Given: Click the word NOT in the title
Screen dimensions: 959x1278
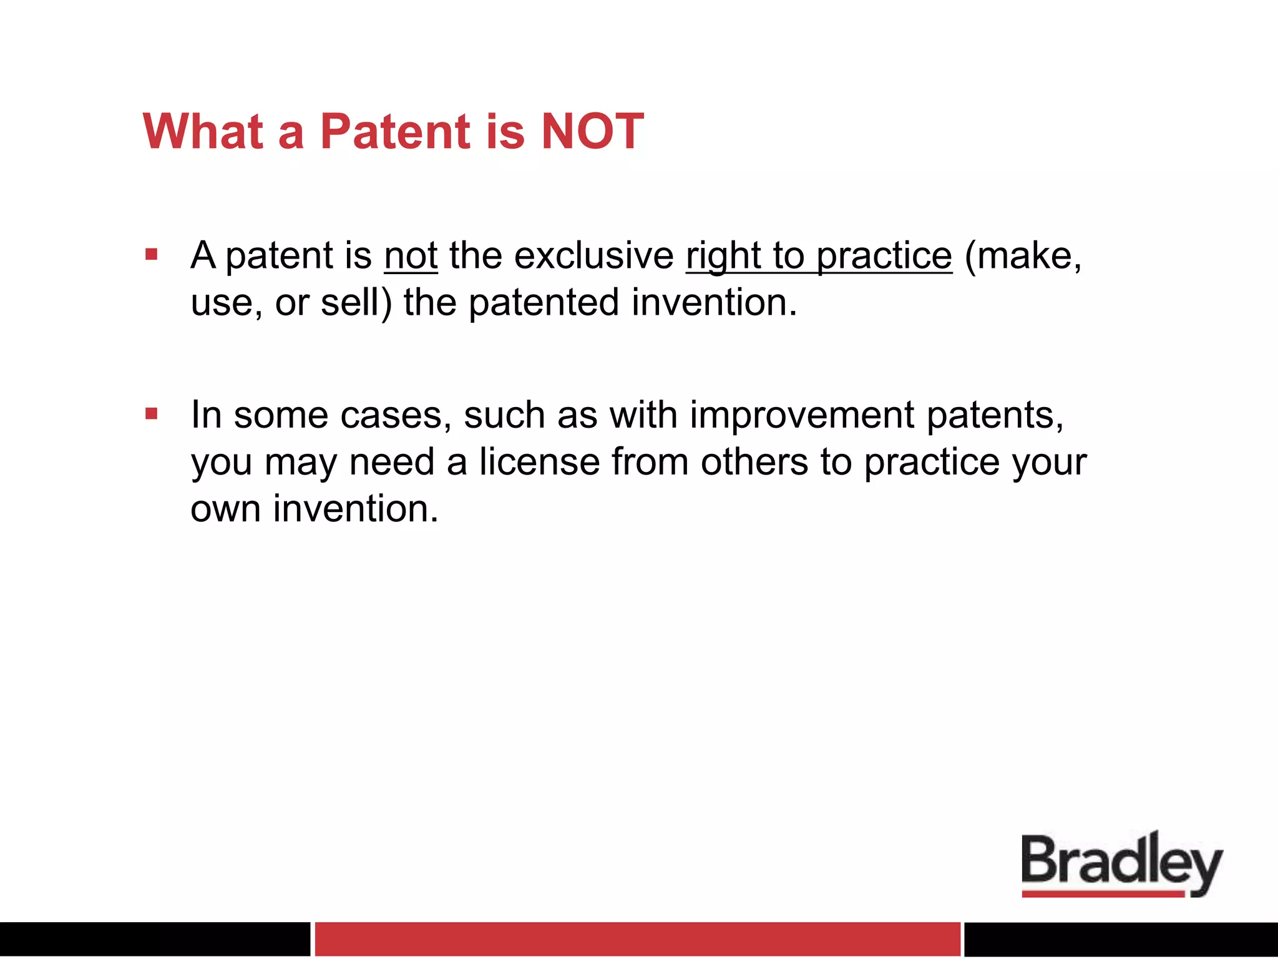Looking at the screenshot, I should (x=592, y=132).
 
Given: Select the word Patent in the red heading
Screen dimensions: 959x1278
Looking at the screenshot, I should (x=395, y=132).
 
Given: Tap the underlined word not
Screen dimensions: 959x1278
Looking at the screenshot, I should (x=411, y=256).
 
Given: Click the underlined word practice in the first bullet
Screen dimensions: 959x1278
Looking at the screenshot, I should (x=884, y=256).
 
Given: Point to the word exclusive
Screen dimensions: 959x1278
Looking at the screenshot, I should (x=593, y=256).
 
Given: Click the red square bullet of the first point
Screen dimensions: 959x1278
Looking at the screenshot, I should (x=151, y=255).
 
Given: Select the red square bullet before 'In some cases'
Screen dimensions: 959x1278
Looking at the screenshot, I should (x=151, y=414).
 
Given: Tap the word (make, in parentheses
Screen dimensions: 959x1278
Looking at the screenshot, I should (x=1022, y=256).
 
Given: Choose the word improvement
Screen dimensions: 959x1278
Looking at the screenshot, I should (x=801, y=415).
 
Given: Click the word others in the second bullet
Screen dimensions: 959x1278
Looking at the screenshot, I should (x=754, y=463).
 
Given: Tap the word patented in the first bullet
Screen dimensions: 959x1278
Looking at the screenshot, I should (x=544, y=303).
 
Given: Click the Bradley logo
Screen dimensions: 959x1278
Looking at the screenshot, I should (x=1121, y=862).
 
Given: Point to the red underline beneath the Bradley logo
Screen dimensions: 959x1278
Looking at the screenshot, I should (x=1102, y=894).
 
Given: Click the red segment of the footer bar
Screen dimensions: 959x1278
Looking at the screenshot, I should (x=637, y=938).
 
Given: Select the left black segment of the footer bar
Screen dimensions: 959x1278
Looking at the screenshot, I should (x=154, y=938).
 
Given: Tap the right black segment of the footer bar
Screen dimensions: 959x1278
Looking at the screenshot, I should (x=1121, y=938).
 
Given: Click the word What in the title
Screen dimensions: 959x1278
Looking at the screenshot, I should (x=203, y=132).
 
